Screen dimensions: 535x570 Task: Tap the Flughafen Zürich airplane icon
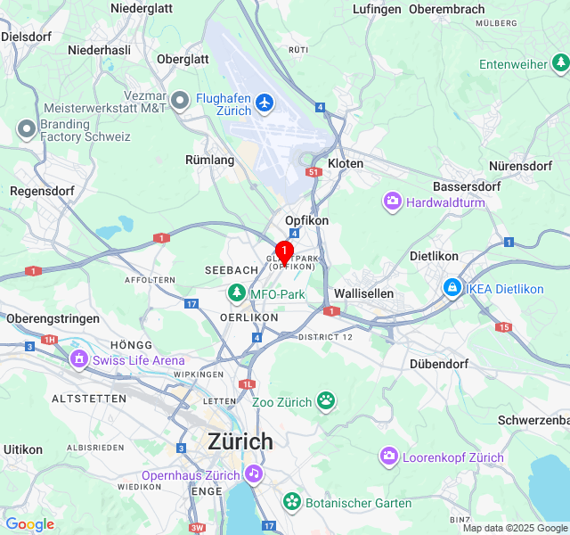264,103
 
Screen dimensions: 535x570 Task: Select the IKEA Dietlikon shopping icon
452,288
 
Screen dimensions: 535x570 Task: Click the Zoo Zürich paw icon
327,401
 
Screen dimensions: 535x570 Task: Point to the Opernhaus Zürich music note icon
254,473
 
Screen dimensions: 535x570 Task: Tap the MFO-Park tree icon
236,293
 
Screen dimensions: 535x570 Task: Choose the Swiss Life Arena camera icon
79,359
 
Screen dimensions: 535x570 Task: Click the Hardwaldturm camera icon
392,202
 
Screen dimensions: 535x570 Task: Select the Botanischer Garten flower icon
291,502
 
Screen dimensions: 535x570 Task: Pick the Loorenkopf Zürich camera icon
389,457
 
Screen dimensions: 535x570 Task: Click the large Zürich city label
240,441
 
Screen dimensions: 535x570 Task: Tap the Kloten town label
346,164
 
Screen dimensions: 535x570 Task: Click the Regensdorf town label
39,191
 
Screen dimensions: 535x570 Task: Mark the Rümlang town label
209,160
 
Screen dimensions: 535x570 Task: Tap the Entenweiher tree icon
560,63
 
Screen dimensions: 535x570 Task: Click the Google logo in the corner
29,524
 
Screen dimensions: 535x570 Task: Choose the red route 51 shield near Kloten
313,172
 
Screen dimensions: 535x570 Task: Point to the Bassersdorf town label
467,186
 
